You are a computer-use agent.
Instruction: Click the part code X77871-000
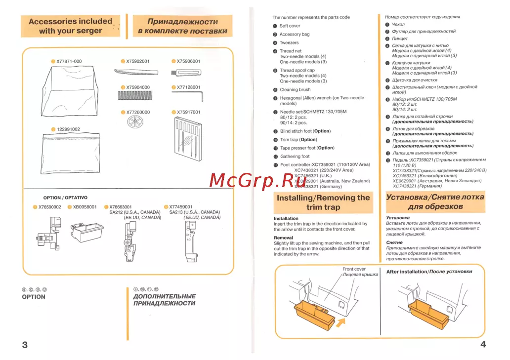[69, 62]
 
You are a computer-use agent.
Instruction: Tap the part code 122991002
[68, 129]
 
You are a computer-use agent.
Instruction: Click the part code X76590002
[49, 207]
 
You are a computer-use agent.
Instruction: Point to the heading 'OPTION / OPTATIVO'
[65, 198]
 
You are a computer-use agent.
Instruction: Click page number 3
[25, 344]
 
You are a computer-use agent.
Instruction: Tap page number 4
[483, 344]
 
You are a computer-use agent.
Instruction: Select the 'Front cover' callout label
[354, 269]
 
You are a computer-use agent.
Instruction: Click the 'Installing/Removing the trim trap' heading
[323, 202]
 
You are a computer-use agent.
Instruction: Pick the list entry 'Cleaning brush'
[295, 90]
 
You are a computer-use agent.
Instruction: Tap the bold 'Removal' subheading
[283, 238]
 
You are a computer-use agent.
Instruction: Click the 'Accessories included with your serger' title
[71, 26]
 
